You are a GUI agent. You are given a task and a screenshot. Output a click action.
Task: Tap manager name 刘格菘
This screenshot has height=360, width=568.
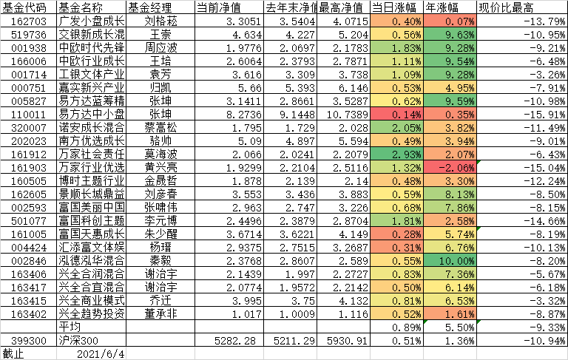coord(161,21)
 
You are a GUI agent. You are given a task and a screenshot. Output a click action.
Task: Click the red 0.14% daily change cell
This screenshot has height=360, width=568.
coord(396,115)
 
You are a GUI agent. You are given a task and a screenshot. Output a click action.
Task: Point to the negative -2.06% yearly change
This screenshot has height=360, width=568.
coord(448,168)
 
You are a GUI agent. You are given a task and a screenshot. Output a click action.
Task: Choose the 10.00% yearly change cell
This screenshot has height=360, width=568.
coord(448,261)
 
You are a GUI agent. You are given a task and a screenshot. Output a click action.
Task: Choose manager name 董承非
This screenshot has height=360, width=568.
coord(161,314)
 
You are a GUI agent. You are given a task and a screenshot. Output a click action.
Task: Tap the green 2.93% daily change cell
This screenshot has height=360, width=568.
coord(396,154)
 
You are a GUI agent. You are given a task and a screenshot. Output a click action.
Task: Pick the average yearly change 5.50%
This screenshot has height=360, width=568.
coord(448,326)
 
